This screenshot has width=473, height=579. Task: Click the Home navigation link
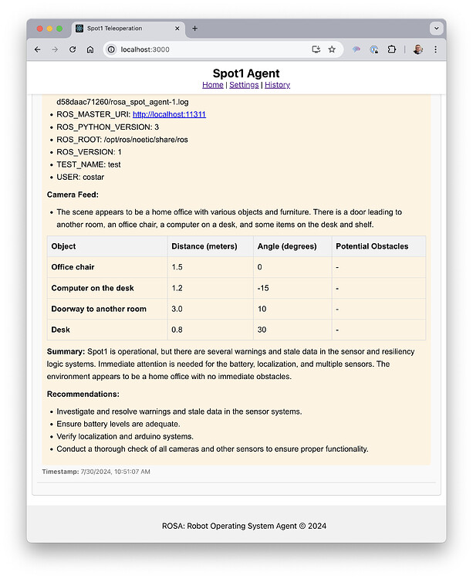(x=212, y=85)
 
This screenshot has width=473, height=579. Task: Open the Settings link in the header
(x=244, y=85)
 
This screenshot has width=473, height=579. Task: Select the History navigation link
(x=277, y=85)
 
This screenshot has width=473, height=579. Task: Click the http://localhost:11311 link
(x=169, y=114)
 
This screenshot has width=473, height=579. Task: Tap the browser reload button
(x=73, y=49)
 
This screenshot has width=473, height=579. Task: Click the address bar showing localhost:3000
(x=208, y=49)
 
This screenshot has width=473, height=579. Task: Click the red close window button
(x=39, y=29)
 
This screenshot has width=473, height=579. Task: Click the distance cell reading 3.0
(x=179, y=309)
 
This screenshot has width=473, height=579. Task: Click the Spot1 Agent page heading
(x=236, y=73)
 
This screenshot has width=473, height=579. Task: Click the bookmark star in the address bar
(x=332, y=49)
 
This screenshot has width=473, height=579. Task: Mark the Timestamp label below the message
(x=60, y=471)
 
